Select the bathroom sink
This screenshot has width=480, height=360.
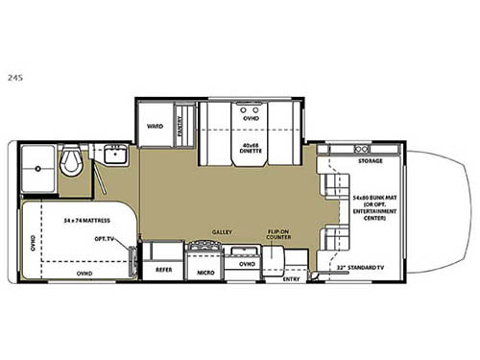[118, 155]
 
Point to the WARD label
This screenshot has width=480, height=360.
[154, 126]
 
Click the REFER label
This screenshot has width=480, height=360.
[163, 271]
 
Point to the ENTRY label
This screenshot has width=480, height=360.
[292, 278]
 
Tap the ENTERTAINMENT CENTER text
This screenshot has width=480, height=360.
[372, 216]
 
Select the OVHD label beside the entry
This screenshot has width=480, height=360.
[246, 262]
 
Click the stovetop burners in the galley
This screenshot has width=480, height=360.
[206, 252]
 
